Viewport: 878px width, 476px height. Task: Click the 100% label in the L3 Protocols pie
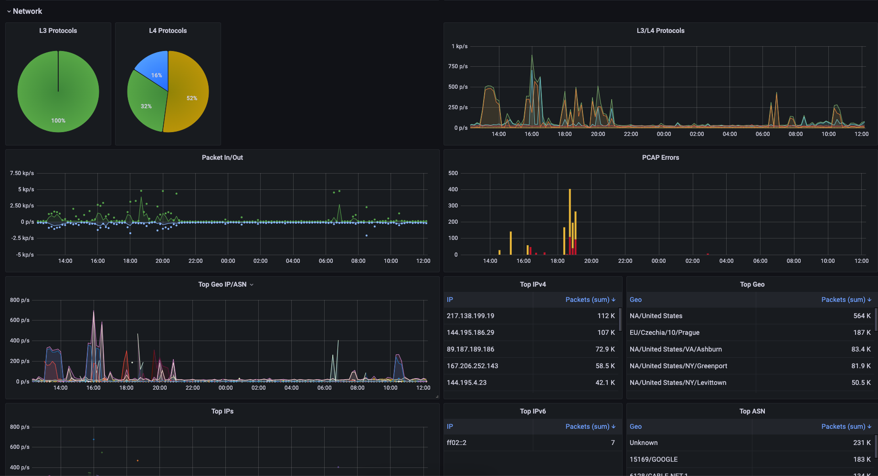58,121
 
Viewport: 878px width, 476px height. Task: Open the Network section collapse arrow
9,11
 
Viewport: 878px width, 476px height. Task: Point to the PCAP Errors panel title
660,157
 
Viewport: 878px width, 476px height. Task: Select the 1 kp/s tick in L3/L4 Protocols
459,46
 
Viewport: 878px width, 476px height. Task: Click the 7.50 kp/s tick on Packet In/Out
22,173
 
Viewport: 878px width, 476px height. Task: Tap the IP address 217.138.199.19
470,316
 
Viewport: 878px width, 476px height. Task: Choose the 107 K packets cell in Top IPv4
606,332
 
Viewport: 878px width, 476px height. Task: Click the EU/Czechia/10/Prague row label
664,332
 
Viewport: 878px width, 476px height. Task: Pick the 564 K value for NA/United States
862,316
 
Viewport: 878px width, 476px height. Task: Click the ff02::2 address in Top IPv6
456,443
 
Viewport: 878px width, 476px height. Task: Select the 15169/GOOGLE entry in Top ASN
653,459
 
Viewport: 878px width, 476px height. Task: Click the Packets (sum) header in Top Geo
843,300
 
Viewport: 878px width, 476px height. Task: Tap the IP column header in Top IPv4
450,300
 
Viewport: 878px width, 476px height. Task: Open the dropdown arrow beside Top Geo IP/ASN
252,285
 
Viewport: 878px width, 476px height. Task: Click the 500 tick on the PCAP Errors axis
453,173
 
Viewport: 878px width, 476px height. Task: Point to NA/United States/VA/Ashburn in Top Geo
676,349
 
